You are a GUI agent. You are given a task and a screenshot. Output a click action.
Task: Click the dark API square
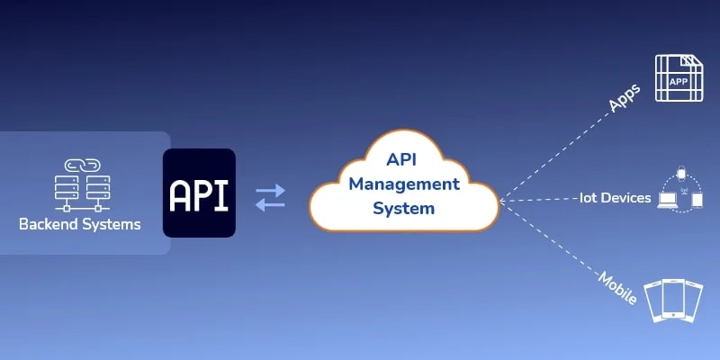(199, 193)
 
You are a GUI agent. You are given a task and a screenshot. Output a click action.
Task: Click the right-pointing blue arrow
(270, 189)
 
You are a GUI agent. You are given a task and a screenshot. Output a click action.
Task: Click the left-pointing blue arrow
(270, 205)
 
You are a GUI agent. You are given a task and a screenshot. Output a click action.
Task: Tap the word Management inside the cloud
(404, 184)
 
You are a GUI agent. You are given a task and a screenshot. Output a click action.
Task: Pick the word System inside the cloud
(404, 209)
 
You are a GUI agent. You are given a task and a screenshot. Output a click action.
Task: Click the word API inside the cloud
(404, 159)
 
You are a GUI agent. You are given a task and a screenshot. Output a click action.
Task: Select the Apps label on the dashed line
(624, 98)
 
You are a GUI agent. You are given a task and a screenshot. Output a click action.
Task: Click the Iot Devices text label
(615, 198)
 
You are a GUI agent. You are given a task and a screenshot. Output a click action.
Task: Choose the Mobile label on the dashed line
(617, 287)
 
